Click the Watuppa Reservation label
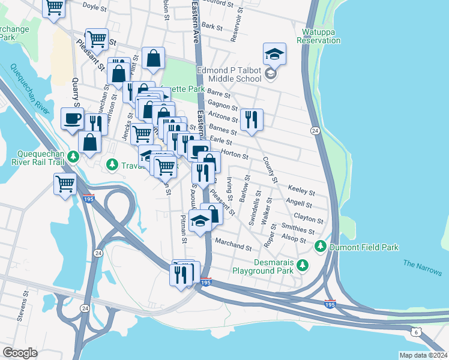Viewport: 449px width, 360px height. (318, 35)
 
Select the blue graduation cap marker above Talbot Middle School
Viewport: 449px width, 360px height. (274, 55)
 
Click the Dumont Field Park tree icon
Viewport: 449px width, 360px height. (321, 246)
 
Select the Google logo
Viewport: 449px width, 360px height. (20, 353)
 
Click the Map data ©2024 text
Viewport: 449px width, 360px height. (423, 355)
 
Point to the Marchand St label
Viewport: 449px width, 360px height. (234, 246)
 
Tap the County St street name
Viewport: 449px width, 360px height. (270, 170)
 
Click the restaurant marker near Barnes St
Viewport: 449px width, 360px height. (252, 119)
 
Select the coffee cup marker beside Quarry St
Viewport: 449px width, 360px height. (73, 118)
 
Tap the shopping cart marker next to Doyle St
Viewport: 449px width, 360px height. (55, 7)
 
